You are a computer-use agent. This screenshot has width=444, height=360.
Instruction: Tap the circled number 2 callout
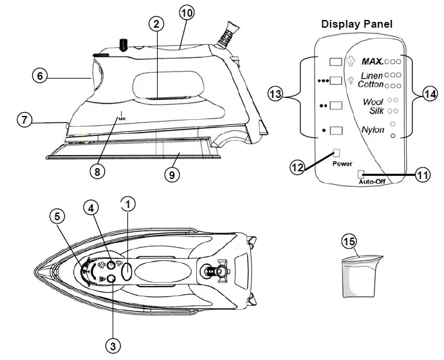point(155,24)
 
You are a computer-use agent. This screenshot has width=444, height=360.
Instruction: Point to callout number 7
point(23,120)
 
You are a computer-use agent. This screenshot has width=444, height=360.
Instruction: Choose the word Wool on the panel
point(373,102)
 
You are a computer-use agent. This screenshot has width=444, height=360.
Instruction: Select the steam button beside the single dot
point(336,131)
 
